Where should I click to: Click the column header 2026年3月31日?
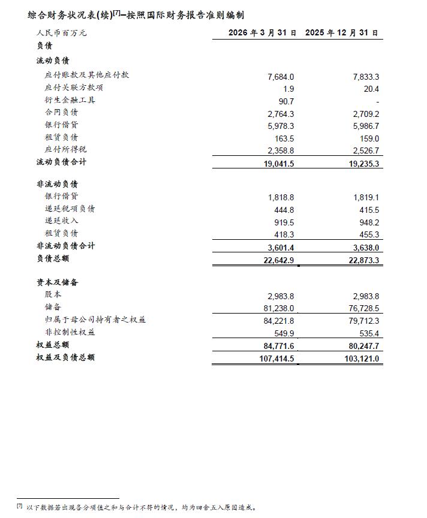(x=263, y=33)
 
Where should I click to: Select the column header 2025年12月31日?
(x=341, y=33)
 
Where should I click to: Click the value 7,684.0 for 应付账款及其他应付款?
(x=281, y=77)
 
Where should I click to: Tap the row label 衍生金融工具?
(x=70, y=100)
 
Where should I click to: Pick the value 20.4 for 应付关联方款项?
(x=372, y=89)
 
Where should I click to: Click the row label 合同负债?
(x=61, y=112)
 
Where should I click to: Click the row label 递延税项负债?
(x=70, y=209)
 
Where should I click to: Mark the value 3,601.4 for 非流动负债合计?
(x=280, y=246)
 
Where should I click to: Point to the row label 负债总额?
(x=53, y=258)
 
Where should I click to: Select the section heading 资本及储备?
(x=57, y=282)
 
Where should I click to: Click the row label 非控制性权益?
(x=70, y=332)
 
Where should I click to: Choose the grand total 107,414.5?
(x=276, y=359)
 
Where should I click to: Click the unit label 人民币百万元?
(x=61, y=33)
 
